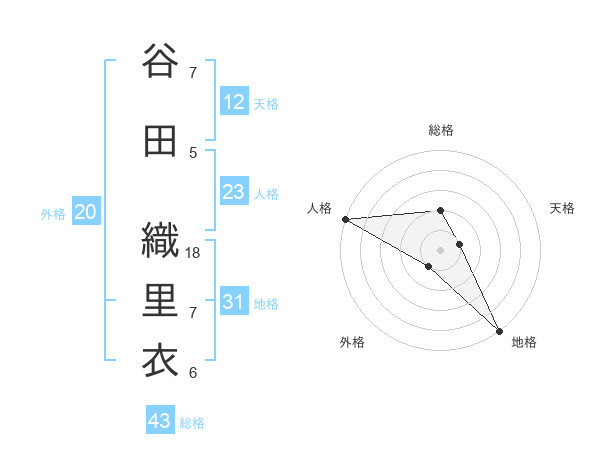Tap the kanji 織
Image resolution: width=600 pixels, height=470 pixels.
(160, 241)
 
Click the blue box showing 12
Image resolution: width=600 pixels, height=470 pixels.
(234, 102)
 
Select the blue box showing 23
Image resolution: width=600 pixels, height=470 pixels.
(234, 192)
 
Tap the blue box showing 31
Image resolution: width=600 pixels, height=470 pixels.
(234, 302)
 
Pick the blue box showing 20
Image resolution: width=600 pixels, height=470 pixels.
(86, 212)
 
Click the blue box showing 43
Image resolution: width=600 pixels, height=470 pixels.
(159, 421)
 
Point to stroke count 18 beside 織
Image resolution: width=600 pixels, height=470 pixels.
(194, 253)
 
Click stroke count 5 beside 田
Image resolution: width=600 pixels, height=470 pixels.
(193, 152)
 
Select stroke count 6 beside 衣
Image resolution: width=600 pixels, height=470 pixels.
(193, 373)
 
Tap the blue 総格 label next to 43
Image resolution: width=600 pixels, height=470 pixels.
(192, 423)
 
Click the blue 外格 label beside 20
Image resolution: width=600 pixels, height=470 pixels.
(52, 213)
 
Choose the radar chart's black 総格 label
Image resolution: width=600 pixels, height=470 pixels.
(440, 130)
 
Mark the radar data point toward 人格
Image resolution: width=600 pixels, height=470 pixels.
(345, 219)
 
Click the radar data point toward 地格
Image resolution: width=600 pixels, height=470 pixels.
(499, 330)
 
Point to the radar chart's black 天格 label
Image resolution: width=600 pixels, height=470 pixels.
(563, 208)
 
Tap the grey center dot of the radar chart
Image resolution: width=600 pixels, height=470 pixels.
(440, 249)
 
